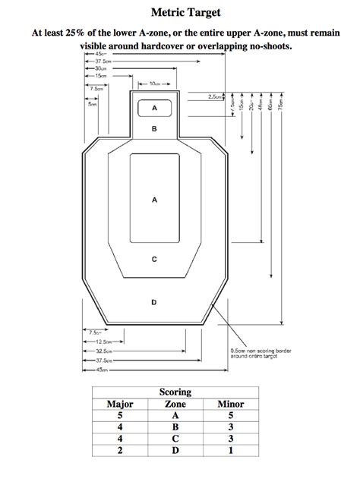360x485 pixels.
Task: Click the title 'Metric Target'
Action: click(180, 13)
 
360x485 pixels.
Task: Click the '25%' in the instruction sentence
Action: click(87, 33)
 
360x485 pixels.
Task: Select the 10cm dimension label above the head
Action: click(154, 84)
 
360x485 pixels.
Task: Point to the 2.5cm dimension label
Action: click(215, 97)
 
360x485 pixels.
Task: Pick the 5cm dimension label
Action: click(92, 104)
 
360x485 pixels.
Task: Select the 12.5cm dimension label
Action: click(105, 342)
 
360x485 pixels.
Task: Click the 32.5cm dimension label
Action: click(105, 351)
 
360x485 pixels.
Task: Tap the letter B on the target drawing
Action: click(154, 130)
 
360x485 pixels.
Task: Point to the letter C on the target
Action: click(154, 259)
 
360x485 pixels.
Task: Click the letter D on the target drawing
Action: click(154, 302)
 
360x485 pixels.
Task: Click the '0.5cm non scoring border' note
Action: click(255, 353)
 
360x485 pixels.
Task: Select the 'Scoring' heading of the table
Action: click(175, 392)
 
